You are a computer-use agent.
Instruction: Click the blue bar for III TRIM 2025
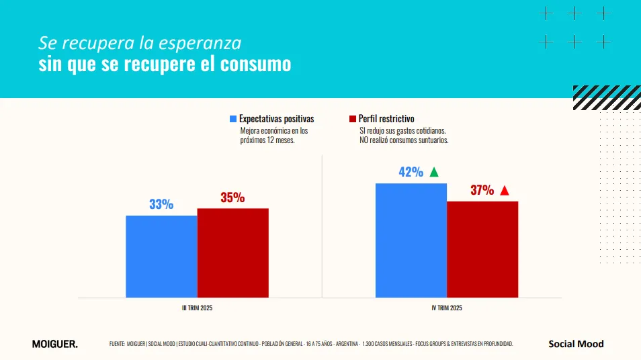(x=161, y=256)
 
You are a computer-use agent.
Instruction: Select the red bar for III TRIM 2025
(x=232, y=253)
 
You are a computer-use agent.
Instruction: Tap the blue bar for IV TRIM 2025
(x=411, y=240)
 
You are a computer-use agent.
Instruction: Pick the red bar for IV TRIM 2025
(x=482, y=249)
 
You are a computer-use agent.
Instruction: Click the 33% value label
(x=161, y=204)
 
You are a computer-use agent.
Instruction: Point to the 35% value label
(x=232, y=197)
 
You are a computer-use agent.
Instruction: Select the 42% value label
(x=411, y=172)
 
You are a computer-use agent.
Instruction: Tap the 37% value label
(x=482, y=190)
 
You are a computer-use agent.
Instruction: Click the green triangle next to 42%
(x=434, y=172)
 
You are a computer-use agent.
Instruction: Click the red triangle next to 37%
(x=505, y=190)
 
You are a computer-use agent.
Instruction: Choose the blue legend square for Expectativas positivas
(x=233, y=119)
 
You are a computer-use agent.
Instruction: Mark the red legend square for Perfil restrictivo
(x=352, y=119)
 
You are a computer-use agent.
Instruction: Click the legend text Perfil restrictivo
(x=387, y=119)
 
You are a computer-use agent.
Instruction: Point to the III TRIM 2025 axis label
(x=198, y=308)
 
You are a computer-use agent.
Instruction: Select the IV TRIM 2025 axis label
(x=446, y=308)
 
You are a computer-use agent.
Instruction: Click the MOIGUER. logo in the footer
(x=54, y=344)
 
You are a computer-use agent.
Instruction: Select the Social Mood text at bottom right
(x=576, y=344)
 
